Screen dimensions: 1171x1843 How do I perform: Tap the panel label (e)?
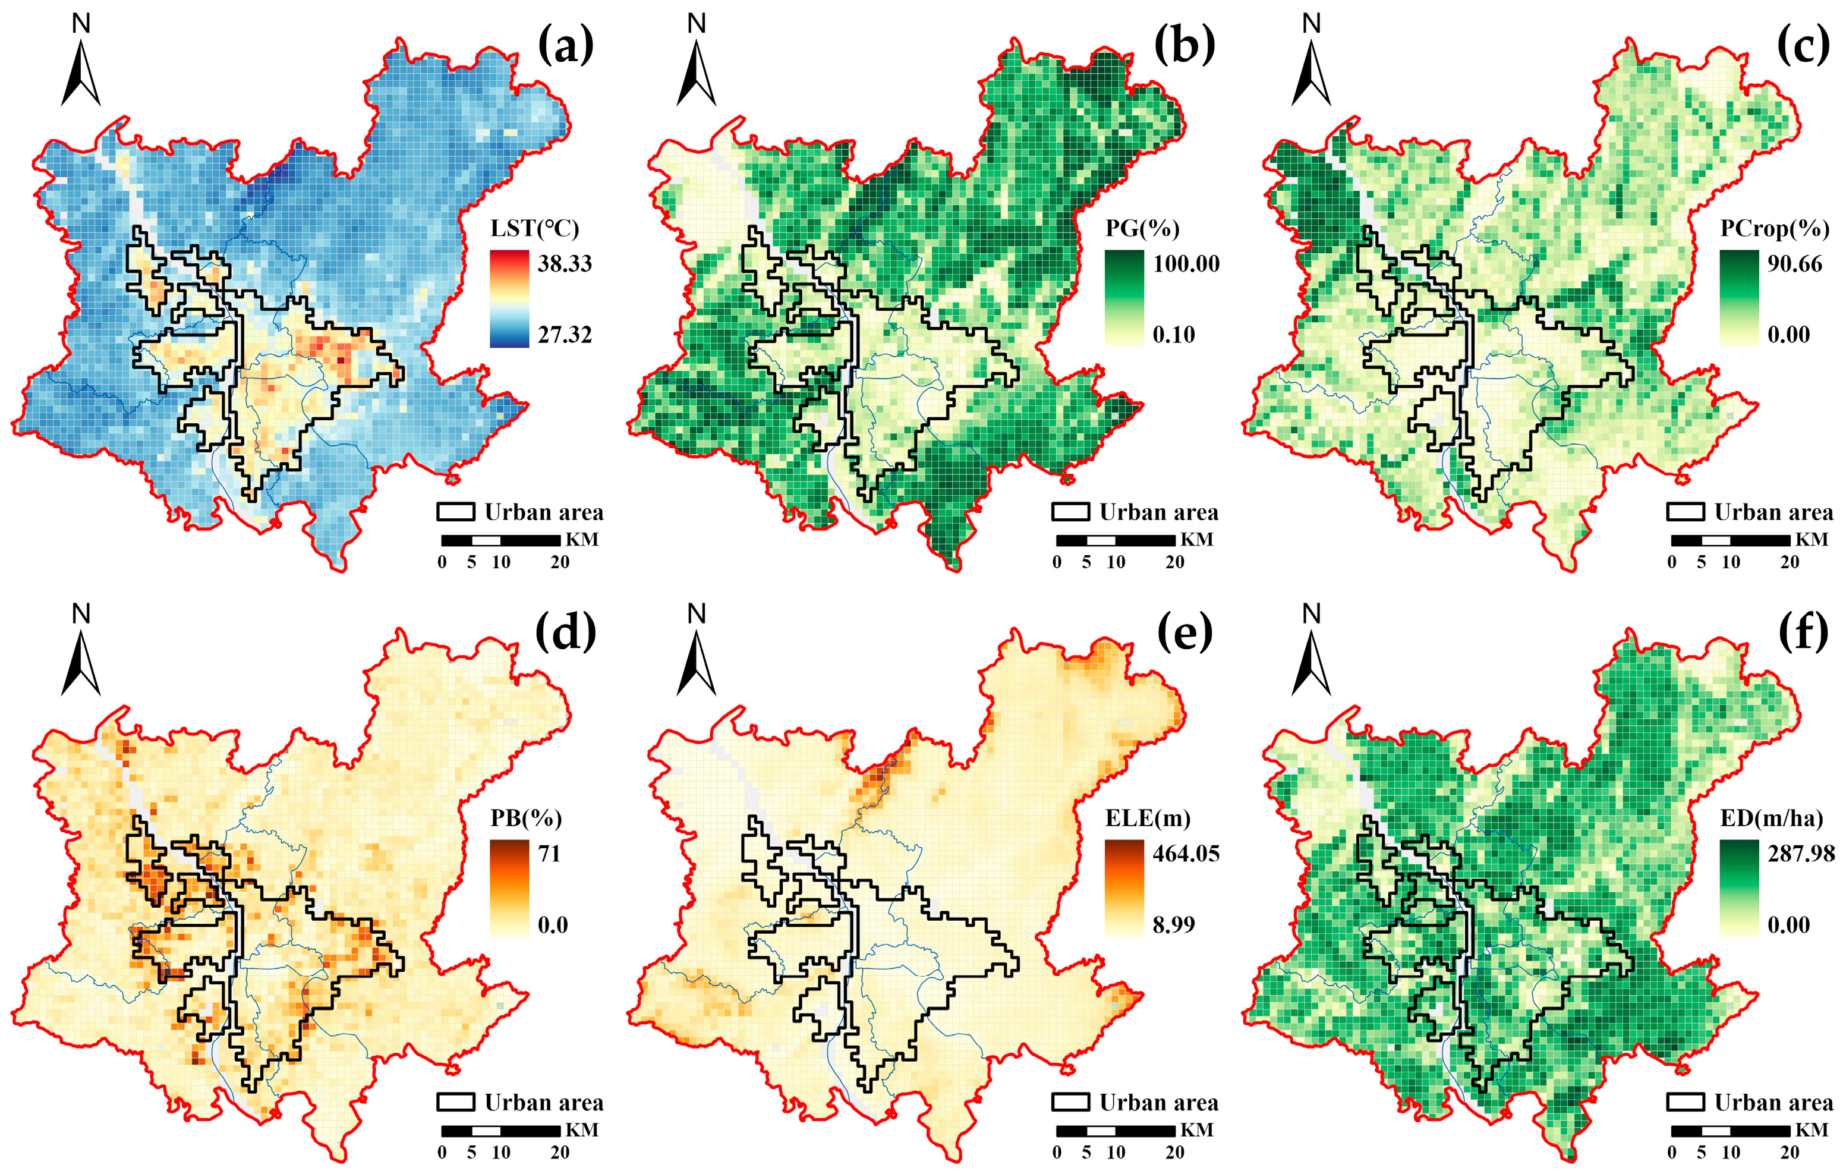click(x=1184, y=634)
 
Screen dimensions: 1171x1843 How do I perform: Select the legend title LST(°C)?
click(x=534, y=228)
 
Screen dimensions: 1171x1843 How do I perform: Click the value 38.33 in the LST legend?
click(x=564, y=263)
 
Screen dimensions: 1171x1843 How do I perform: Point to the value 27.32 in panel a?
click(x=564, y=335)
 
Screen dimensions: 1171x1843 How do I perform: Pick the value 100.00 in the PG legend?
click(x=1186, y=263)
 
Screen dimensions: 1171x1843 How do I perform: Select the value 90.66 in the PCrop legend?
click(x=1794, y=263)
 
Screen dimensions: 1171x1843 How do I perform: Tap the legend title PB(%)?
click(x=526, y=818)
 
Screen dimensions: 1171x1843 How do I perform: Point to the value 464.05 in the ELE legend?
click(x=1186, y=854)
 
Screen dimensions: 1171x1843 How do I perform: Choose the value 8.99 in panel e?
click(x=1173, y=924)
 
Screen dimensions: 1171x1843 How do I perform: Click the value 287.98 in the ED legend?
click(x=1800, y=854)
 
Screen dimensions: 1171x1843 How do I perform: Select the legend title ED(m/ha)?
click(x=1771, y=818)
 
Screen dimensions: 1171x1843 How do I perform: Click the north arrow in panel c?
click(x=1311, y=73)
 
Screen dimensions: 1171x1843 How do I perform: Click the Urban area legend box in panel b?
click(x=1070, y=512)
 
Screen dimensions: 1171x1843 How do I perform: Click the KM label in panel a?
click(x=582, y=540)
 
